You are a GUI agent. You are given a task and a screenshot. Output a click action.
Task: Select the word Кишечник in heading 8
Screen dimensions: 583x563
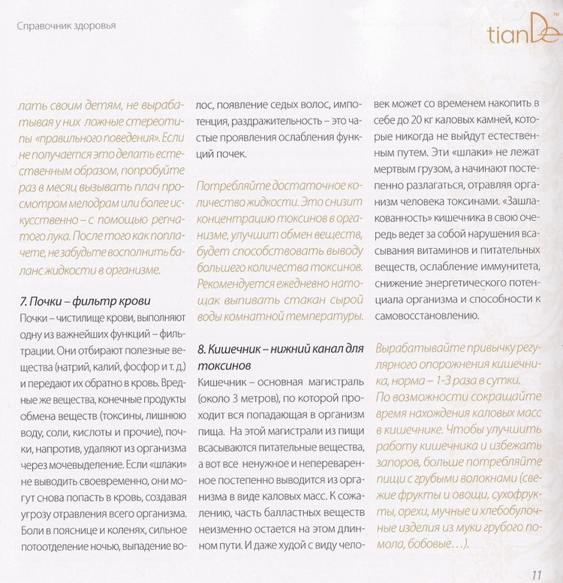coord(238,349)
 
